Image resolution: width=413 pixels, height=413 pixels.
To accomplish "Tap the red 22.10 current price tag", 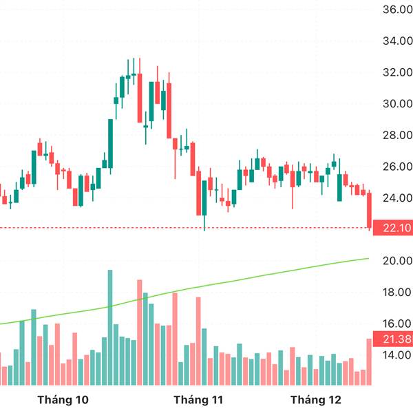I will (x=392, y=229).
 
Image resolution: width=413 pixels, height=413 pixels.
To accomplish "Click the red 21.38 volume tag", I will (x=392, y=339).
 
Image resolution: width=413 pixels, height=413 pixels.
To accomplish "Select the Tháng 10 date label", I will (x=63, y=400).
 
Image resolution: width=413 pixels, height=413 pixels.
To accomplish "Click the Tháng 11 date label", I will (x=199, y=400).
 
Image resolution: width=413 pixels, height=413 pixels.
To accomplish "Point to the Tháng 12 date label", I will (x=317, y=400).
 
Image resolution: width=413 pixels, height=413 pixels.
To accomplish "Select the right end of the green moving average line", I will (x=368, y=259).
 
